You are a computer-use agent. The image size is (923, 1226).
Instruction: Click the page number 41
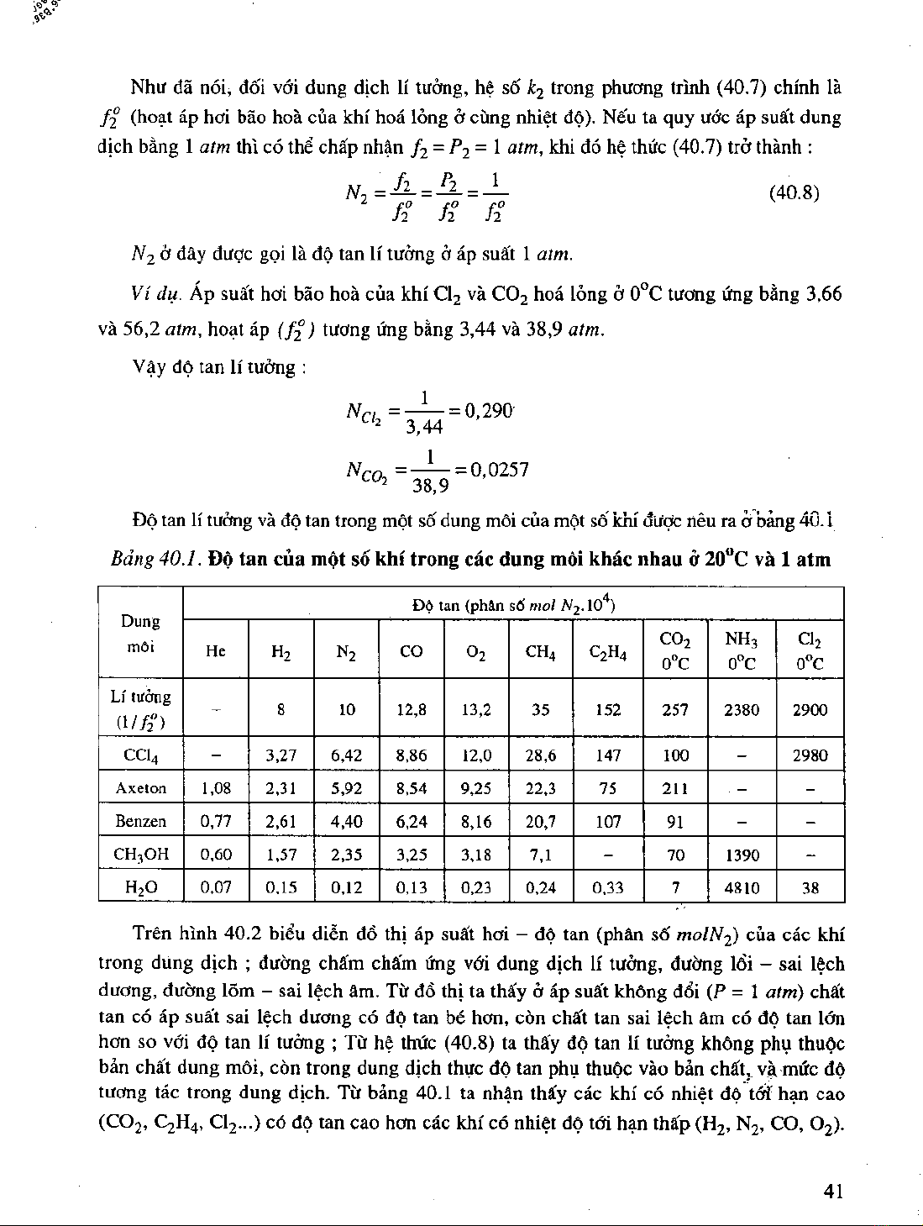click(x=833, y=1191)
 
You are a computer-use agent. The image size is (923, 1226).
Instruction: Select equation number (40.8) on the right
click(x=794, y=193)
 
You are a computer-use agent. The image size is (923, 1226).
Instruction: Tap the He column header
click(x=216, y=651)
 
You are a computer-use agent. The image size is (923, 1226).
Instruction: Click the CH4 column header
click(x=541, y=651)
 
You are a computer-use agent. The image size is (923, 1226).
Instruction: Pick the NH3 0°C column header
click(x=742, y=651)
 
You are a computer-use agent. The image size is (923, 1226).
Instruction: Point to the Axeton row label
click(x=141, y=788)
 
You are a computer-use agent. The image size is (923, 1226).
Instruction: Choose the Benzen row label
click(x=141, y=821)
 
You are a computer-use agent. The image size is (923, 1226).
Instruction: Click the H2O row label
click(x=141, y=887)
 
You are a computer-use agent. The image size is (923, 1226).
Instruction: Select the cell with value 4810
click(x=742, y=887)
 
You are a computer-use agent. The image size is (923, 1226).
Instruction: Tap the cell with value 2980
click(x=810, y=755)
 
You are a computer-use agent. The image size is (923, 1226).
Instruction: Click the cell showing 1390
click(x=742, y=855)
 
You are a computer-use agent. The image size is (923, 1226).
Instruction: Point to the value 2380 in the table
click(x=742, y=710)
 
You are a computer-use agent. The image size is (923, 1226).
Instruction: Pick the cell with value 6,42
click(x=346, y=755)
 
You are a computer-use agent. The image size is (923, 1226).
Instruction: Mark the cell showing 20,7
click(x=541, y=821)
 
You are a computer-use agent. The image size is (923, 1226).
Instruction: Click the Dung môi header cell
click(x=141, y=634)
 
